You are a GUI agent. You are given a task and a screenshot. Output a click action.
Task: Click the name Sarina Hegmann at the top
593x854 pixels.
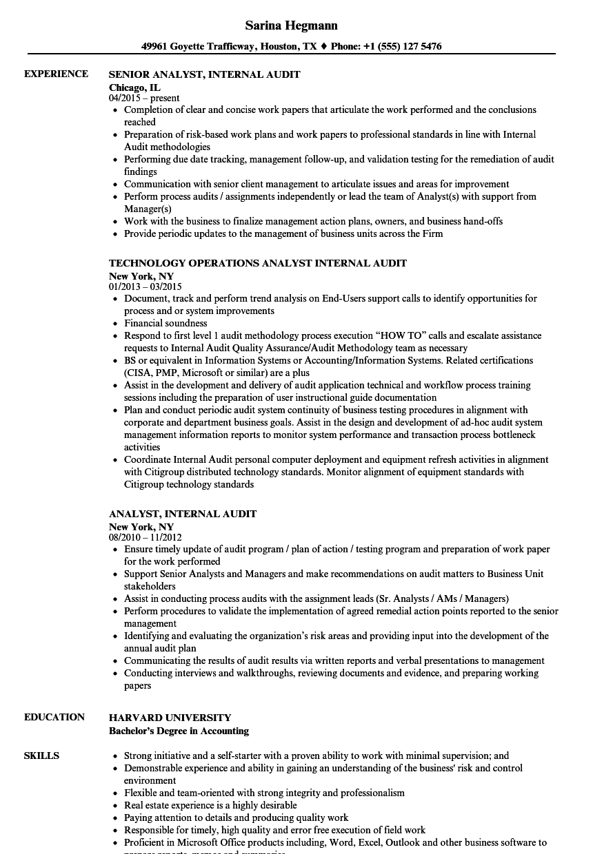tap(291, 25)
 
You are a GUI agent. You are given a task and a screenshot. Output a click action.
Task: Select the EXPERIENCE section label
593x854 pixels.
tap(56, 74)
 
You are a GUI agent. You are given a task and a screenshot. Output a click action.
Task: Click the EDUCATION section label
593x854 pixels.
tap(54, 717)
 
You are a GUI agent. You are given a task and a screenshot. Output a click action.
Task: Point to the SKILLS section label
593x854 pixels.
tap(41, 756)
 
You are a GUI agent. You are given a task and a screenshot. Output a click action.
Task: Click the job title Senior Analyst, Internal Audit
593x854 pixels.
tap(204, 74)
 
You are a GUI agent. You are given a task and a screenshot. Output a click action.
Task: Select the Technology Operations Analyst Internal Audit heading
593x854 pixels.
tap(257, 263)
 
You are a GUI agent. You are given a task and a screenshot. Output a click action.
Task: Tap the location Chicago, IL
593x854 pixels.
tap(134, 87)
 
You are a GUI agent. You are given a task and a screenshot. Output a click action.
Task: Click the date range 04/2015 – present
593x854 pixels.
tap(144, 98)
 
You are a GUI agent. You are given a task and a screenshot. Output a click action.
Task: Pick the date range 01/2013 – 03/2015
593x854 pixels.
tap(145, 287)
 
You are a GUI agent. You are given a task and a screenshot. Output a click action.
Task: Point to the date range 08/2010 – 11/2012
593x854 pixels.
tap(145, 537)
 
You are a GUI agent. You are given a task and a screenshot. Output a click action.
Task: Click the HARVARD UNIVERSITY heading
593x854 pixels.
tap(170, 718)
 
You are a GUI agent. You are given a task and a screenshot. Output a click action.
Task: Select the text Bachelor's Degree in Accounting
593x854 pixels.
tap(179, 731)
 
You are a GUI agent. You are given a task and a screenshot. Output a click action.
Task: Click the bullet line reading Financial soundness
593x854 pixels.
tap(165, 323)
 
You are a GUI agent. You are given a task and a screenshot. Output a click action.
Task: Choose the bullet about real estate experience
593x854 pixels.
tap(210, 805)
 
